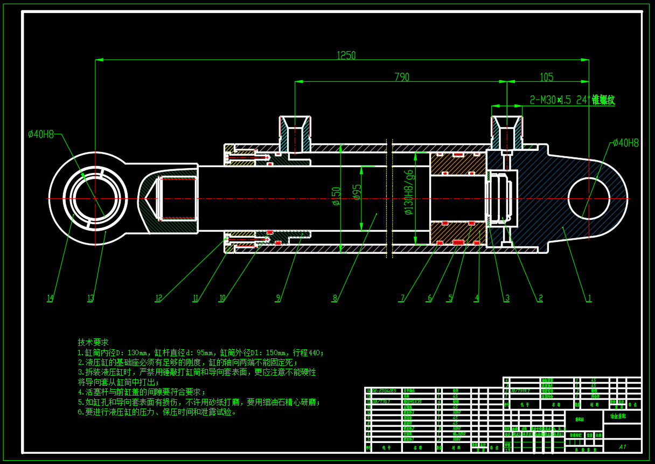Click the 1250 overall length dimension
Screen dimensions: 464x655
tap(346, 56)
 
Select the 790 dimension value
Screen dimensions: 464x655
tap(402, 77)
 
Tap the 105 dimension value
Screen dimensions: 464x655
tap(546, 77)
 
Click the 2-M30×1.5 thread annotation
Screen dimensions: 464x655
tap(572, 100)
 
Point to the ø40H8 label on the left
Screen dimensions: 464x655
tap(41, 134)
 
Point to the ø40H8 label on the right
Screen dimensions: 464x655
tap(625, 143)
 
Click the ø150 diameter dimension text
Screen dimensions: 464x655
tap(337, 196)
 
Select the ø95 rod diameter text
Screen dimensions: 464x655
tap(357, 192)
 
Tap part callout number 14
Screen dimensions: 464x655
tap(50, 298)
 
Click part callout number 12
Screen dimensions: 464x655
tap(158, 298)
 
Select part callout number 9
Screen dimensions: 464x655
tap(278, 298)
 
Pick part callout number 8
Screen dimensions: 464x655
tap(335, 298)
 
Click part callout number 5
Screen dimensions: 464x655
tap(450, 298)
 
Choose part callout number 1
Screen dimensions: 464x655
tap(589, 298)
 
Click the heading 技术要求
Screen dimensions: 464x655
tap(93, 342)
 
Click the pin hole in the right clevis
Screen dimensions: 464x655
tap(589, 198)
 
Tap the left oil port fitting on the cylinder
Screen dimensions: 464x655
tap(294, 135)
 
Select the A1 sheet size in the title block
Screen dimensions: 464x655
tap(622, 447)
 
